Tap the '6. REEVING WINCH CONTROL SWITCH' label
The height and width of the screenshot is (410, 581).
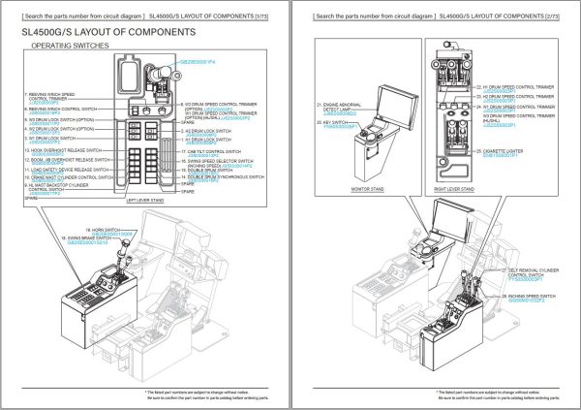[x=64, y=110]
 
